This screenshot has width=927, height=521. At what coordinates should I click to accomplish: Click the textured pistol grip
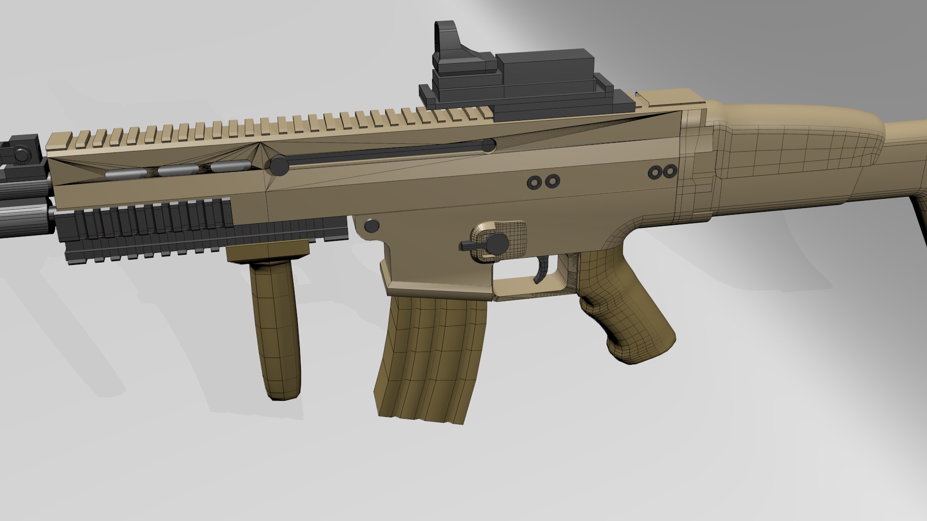click(623, 309)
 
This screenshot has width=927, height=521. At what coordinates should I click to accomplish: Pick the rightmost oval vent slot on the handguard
click(231, 166)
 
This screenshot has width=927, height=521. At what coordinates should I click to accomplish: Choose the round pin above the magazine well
click(371, 225)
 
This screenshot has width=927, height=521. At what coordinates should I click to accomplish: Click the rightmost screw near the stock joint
click(669, 171)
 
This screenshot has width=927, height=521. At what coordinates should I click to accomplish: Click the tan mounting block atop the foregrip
click(268, 251)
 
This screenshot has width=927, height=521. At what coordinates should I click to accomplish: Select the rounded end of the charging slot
click(489, 144)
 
